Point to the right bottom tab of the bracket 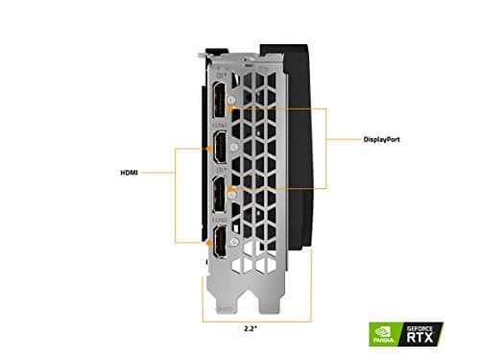coord(277,293)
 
